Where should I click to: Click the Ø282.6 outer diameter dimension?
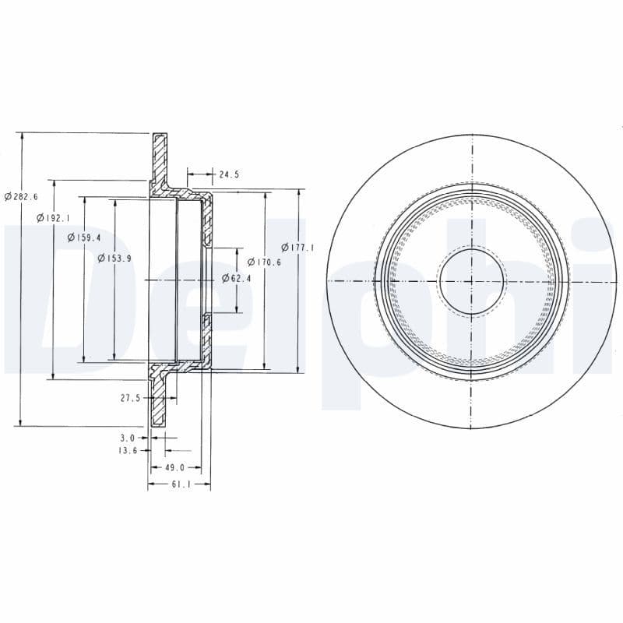pyautogui.click(x=21, y=197)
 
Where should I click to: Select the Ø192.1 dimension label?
pyautogui.click(x=53, y=219)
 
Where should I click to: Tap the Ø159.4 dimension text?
pyautogui.click(x=84, y=238)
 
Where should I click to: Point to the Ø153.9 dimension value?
pyautogui.click(x=114, y=258)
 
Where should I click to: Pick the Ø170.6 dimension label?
pyautogui.click(x=265, y=262)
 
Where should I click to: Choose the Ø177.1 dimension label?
pyautogui.click(x=298, y=248)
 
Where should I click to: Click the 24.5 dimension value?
pyautogui.click(x=228, y=175)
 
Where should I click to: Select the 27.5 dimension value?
pyautogui.click(x=130, y=397)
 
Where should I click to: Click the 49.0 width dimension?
pyautogui.click(x=174, y=468)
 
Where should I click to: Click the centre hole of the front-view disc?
pyautogui.click(x=471, y=280)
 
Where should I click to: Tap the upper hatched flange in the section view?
pyautogui.click(x=160, y=160)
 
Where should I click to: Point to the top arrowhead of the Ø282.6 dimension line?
pyautogui.click(x=22, y=136)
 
